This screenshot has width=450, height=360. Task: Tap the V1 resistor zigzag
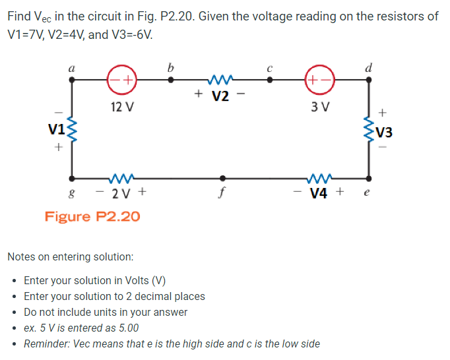[x=71, y=128]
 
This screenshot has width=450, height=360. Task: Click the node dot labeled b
[x=171, y=79]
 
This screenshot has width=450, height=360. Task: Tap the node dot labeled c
[x=269, y=79]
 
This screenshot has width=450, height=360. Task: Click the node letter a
[x=71, y=66]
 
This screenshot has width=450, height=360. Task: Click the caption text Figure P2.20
[x=92, y=216]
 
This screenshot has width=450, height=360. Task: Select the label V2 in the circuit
[x=220, y=97]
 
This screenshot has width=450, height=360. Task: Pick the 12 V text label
[x=121, y=107]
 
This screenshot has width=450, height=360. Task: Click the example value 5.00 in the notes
[x=126, y=328]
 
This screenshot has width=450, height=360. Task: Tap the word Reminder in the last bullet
[x=46, y=344]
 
